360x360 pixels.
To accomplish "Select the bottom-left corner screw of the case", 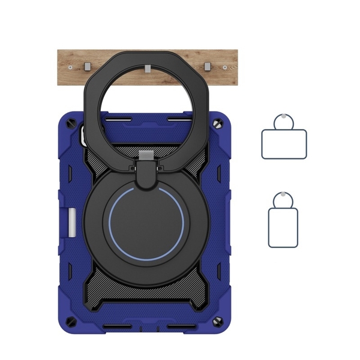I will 79,321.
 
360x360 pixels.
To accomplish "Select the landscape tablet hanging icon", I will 284,144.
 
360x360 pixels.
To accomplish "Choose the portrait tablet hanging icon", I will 283,227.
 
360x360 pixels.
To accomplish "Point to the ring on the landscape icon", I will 284,122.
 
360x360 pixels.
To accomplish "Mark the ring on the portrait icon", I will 283,200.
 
